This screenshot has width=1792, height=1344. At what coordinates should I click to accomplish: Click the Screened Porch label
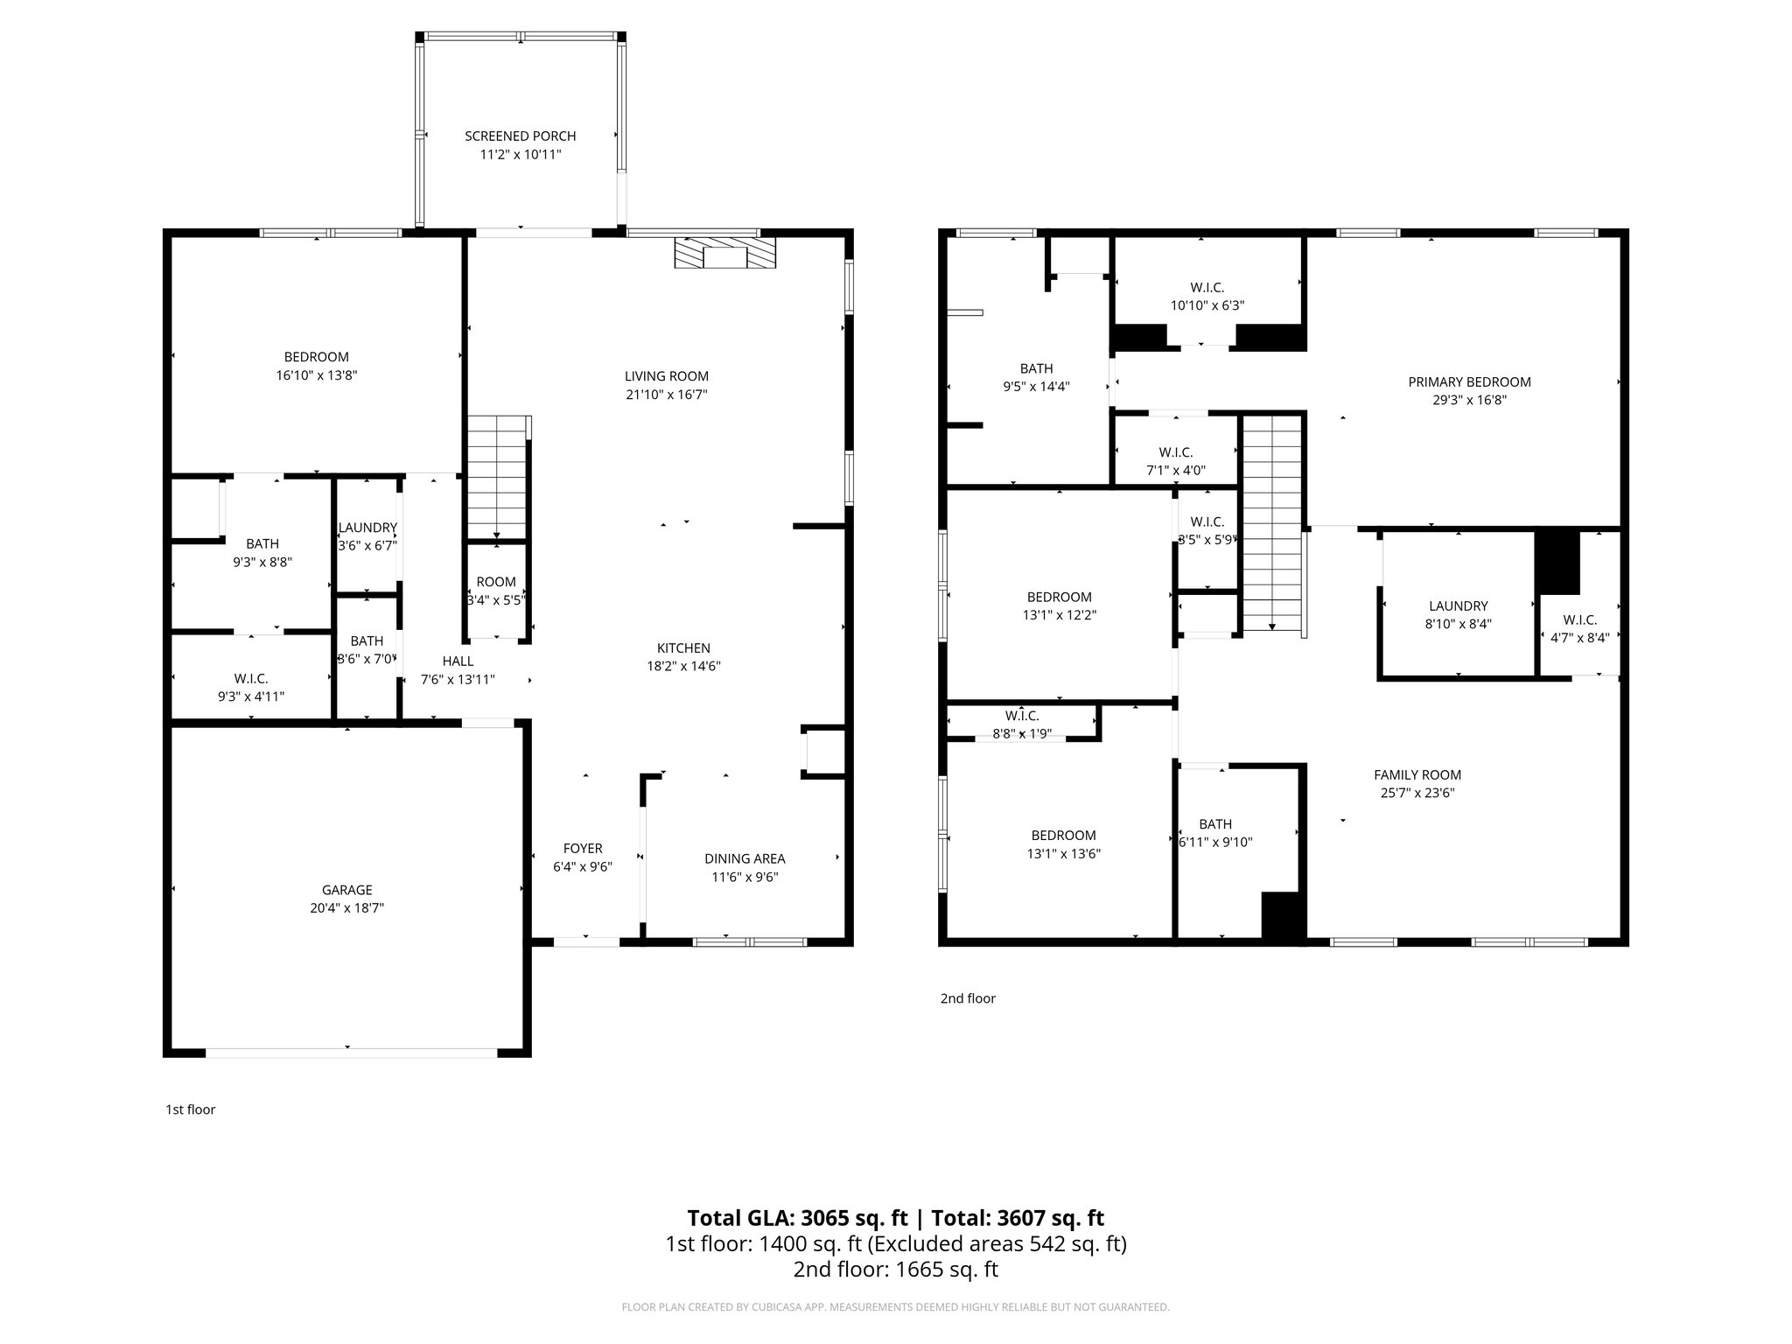click(x=520, y=136)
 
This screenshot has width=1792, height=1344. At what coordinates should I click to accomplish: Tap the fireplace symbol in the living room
click(x=724, y=254)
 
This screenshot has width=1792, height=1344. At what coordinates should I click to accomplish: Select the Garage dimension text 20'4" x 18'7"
click(x=346, y=908)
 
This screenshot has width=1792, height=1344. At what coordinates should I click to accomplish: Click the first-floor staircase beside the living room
click(x=497, y=478)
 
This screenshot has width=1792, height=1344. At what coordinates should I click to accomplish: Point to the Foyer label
click(x=582, y=848)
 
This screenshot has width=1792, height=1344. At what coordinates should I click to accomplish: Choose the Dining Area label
click(x=745, y=858)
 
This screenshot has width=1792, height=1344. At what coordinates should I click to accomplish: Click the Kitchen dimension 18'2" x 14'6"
click(x=683, y=666)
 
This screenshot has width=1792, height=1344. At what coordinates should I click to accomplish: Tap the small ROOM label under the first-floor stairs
click(x=496, y=582)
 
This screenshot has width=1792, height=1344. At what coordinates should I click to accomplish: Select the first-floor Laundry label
click(x=367, y=528)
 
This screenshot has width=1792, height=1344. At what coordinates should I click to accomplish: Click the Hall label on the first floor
click(x=458, y=661)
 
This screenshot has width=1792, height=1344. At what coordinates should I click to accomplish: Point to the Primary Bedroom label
click(x=1469, y=381)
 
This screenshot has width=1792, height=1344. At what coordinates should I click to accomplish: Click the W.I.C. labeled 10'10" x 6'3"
click(x=1207, y=297)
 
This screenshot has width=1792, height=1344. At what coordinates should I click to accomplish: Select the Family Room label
click(x=1417, y=774)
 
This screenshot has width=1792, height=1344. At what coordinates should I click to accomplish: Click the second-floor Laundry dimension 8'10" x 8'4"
click(x=1458, y=624)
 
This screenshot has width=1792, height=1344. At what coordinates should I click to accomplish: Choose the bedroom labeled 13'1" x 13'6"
click(x=1063, y=844)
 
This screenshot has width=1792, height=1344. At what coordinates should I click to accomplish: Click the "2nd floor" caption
click(x=968, y=998)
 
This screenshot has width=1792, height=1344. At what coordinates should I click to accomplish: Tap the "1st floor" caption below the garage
click(x=190, y=1109)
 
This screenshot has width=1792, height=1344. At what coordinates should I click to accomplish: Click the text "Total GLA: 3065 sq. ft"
click(x=797, y=1218)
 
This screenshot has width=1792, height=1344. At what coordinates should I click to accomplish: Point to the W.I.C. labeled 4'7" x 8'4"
click(x=1579, y=629)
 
